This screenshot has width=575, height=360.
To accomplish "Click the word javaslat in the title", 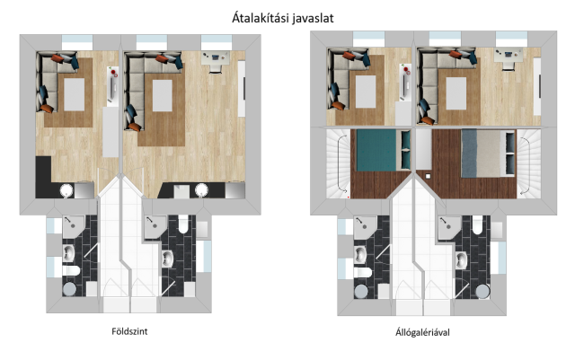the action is tap(314, 18).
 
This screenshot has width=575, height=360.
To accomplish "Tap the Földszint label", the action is tap(129, 331).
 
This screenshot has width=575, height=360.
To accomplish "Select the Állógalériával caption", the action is tap(422, 332).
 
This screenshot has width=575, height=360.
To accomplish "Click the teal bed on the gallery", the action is tap(383, 150).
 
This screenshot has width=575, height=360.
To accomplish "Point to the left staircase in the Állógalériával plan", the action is tap(338, 163).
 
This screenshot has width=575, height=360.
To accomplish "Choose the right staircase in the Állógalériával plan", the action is tap(528, 163).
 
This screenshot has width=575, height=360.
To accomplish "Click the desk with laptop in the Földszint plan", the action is tap(216, 61).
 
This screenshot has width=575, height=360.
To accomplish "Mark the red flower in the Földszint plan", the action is tap(114, 71).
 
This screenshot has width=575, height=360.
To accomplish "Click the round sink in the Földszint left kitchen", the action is tap(66, 190).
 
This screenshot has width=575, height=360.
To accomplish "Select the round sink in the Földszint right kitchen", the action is tap(201, 190).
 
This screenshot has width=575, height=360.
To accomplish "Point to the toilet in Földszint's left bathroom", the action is tap(71, 271).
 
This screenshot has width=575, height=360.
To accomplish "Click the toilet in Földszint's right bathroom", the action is tap(183, 224).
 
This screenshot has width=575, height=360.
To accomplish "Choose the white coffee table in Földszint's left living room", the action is tap(74, 94).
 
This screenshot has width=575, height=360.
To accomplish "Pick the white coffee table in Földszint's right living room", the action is tap(162, 96).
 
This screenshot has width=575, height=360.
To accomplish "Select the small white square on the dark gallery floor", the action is tap(428, 176).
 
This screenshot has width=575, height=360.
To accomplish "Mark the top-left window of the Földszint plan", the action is tap(77, 42).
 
